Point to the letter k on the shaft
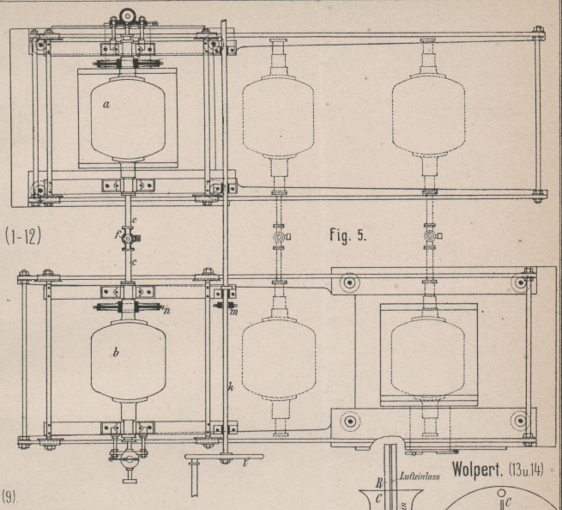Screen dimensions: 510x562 point(230,387)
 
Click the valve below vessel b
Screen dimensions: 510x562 point(129,459)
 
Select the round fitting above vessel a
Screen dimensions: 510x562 point(129,15)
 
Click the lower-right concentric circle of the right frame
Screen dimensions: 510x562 point(518,421)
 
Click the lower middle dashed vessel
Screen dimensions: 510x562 point(279,353)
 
